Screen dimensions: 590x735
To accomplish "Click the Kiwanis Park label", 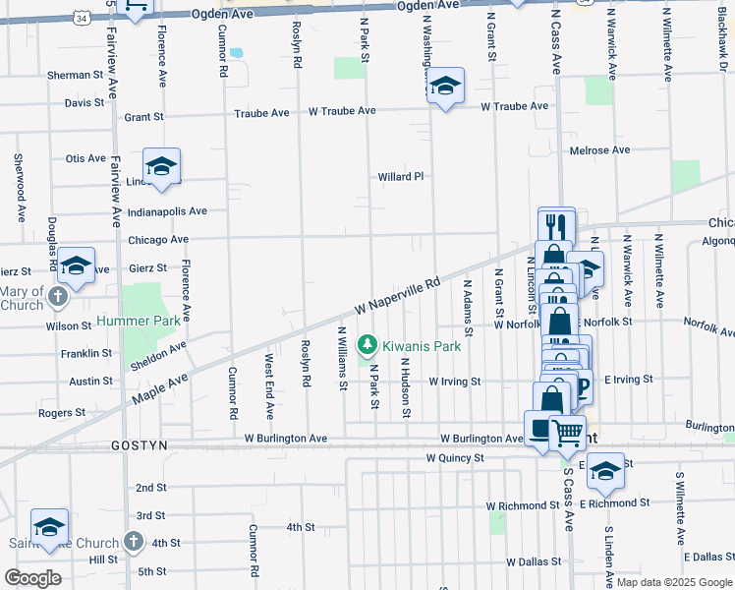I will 422,346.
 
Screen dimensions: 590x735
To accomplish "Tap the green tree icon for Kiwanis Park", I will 367,345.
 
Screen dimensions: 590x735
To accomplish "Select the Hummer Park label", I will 139,322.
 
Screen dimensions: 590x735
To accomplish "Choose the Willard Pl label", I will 401,177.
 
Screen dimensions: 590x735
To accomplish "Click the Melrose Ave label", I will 599,150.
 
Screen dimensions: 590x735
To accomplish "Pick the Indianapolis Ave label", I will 167,211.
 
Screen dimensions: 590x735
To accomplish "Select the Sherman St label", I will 75,75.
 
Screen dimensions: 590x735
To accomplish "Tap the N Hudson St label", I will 405,386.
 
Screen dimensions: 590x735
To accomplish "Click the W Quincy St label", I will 455,458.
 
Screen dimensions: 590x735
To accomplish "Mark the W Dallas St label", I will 534,561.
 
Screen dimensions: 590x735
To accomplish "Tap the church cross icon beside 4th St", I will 133,542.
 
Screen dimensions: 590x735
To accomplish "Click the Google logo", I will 33,578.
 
